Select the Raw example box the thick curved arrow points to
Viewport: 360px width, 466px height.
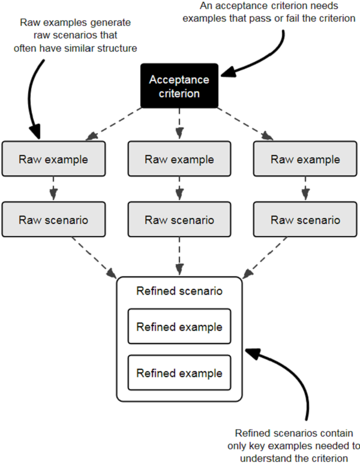(x=53, y=159)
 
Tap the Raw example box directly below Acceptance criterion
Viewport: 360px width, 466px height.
(x=179, y=159)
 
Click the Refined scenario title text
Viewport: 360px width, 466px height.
(x=179, y=292)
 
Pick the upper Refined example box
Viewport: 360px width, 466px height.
(x=179, y=327)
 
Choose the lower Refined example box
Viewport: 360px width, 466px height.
(x=179, y=373)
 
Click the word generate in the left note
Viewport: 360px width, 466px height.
(x=110, y=23)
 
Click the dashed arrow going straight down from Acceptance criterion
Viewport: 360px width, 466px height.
(x=179, y=123)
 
